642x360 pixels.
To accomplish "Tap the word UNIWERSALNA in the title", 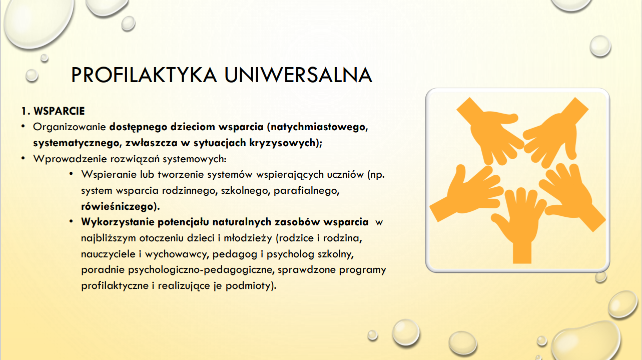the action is pyautogui.click(x=298, y=75).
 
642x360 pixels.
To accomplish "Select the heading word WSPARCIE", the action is pyautogui.click(x=59, y=111).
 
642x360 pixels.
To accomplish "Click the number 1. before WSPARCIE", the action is pyautogui.click(x=26, y=111).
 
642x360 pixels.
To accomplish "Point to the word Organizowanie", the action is pyautogui.click(x=70, y=127).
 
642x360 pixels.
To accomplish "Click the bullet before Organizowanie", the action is pyautogui.click(x=23, y=126).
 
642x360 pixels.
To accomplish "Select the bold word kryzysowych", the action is pyautogui.click(x=282, y=143).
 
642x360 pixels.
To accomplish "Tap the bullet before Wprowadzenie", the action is pyautogui.click(x=23, y=158).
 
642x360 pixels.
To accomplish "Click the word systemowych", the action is pyautogui.click(x=194, y=159).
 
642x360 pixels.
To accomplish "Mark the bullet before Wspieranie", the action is pyautogui.click(x=72, y=174).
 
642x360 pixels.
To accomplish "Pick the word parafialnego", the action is pyautogui.click(x=306, y=191).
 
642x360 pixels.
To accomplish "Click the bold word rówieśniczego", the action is pyautogui.click(x=117, y=206).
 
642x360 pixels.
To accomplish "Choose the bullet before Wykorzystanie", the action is pyautogui.click(x=72, y=221).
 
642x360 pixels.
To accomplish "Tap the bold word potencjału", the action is pyautogui.click(x=183, y=222).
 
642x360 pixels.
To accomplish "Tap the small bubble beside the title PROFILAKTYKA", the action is pyautogui.click(x=32, y=76).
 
